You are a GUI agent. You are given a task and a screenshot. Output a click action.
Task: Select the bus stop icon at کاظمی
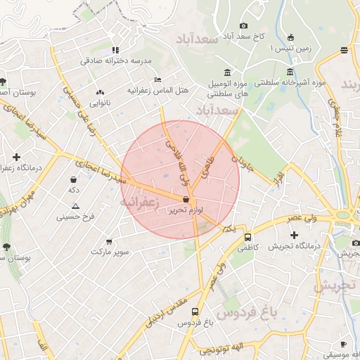click(x=247, y=237)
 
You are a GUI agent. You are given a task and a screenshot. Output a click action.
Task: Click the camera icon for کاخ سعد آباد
click(x=244, y=25)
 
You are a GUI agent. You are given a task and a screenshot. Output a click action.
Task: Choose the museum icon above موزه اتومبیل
click(x=226, y=72)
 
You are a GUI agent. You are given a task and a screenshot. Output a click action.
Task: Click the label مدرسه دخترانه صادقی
click(x=116, y=60)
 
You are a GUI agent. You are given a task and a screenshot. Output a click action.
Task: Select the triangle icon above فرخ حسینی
click(x=75, y=206)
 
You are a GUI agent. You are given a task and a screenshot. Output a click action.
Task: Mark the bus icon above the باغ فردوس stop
click(x=195, y=312)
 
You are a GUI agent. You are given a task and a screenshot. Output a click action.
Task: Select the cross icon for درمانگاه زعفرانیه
click(x=16, y=157)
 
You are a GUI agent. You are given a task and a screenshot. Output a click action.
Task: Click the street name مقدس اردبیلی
click(x=165, y=310)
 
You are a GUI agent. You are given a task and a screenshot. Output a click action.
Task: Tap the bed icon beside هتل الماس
click(x=158, y=79)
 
